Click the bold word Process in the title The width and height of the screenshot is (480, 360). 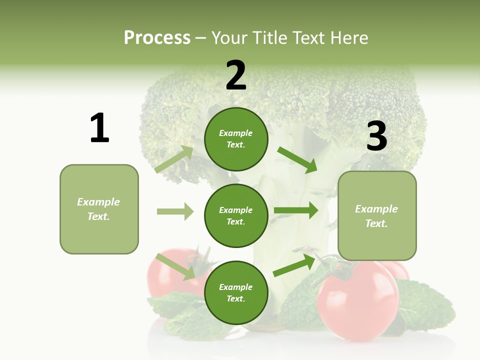157,38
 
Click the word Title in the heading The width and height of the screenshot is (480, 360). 269,38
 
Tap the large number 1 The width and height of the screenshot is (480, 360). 99,128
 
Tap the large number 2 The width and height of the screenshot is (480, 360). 236,75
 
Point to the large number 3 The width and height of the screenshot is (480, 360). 376,136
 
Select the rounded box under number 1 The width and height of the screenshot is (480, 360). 99,209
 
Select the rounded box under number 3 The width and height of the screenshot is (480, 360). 377,216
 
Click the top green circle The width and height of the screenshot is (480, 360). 236,139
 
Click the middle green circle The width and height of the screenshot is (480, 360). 236,215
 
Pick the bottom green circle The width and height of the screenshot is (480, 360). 236,292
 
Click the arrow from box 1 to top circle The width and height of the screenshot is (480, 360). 174,159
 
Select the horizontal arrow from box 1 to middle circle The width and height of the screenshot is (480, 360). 175,211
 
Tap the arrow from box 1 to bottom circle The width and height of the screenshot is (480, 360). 175,266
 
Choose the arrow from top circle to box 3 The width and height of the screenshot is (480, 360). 297,159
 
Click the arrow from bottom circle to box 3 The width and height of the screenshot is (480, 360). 294,265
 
